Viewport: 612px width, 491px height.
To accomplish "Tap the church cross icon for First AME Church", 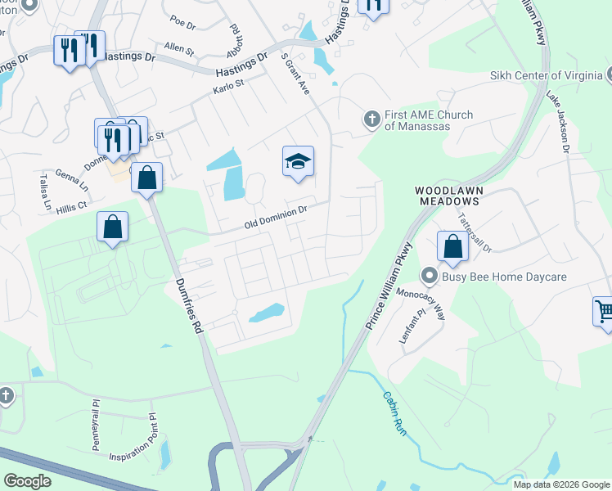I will [371, 120].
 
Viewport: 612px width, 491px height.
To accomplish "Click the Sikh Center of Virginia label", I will [546, 76].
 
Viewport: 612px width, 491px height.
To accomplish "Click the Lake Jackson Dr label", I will [559, 122].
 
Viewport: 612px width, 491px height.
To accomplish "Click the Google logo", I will [27, 481].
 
